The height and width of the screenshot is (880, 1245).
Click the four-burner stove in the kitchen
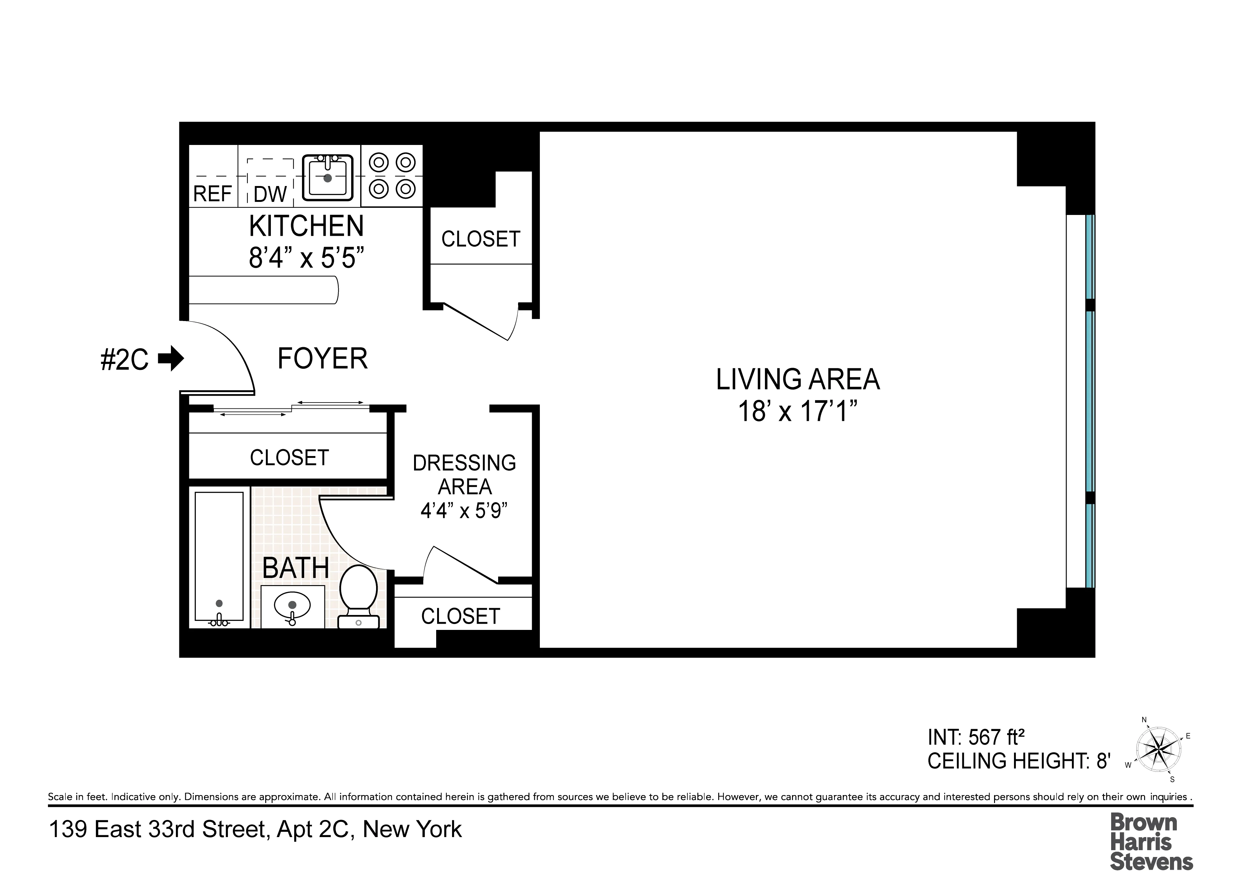(x=392, y=175)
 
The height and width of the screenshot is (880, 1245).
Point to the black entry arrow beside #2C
(x=171, y=358)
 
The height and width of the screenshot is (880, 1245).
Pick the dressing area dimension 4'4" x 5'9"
(x=464, y=510)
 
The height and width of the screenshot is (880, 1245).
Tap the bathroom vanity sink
(x=292, y=606)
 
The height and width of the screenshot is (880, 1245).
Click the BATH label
(x=295, y=568)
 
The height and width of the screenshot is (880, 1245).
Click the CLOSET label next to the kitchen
(x=480, y=239)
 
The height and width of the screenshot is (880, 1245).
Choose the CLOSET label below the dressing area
(x=460, y=616)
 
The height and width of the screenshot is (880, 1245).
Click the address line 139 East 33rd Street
(x=255, y=829)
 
